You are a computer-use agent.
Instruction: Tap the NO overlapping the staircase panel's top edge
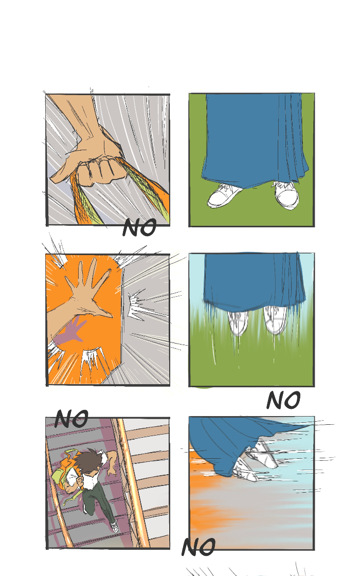71,419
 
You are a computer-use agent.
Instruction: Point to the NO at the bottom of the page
199,547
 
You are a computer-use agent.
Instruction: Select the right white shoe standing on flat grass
286,194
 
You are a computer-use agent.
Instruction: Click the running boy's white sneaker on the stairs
115,527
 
